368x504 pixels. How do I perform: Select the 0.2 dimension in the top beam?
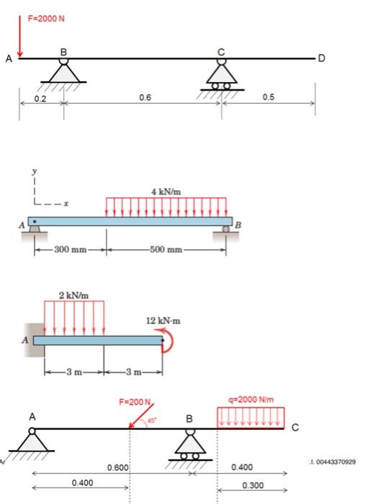(x=41, y=97)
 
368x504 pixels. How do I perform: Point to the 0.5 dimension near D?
(x=269, y=97)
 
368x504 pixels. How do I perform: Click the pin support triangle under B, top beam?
(x=64, y=72)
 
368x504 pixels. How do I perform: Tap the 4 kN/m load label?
(x=166, y=191)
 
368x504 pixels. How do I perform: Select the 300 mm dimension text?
(x=70, y=250)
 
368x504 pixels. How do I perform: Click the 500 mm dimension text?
(x=166, y=250)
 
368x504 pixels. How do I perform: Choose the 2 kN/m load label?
(x=74, y=295)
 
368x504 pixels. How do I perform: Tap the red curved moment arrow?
(x=169, y=341)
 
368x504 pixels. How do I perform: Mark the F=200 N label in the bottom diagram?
(x=134, y=401)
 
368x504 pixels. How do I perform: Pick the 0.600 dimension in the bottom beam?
(x=117, y=468)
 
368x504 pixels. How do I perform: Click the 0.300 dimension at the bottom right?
(x=252, y=485)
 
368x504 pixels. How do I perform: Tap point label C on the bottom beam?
(x=295, y=430)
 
